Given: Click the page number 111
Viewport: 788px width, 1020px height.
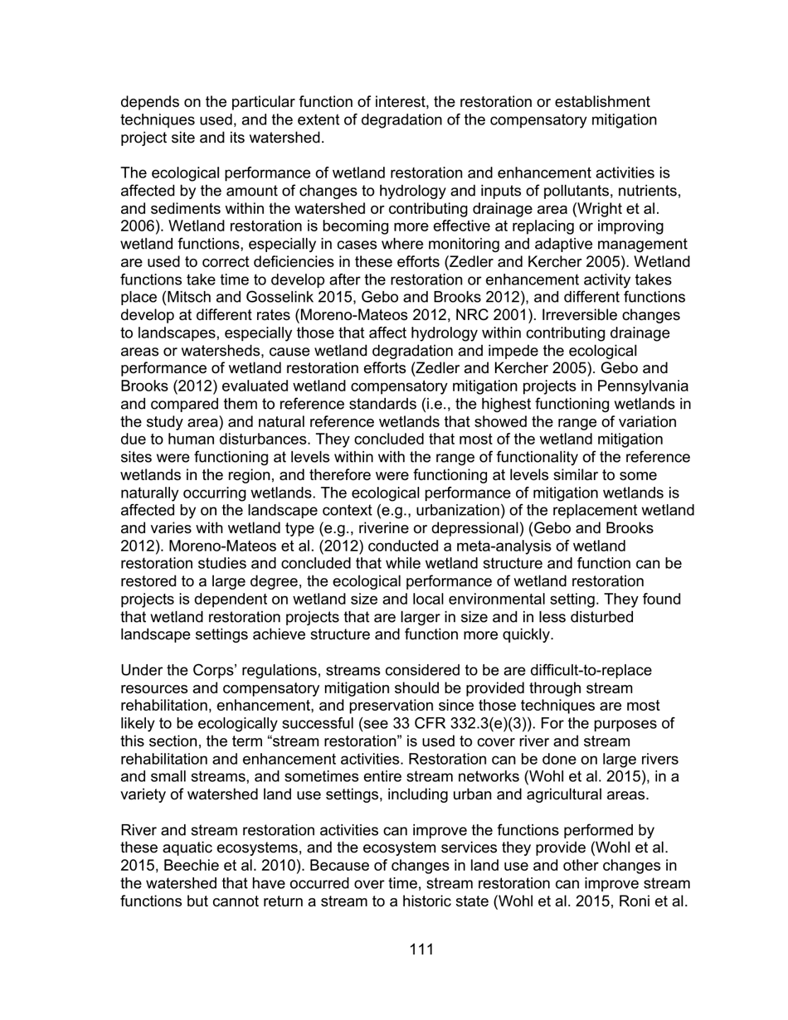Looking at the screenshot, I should point(421,950).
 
